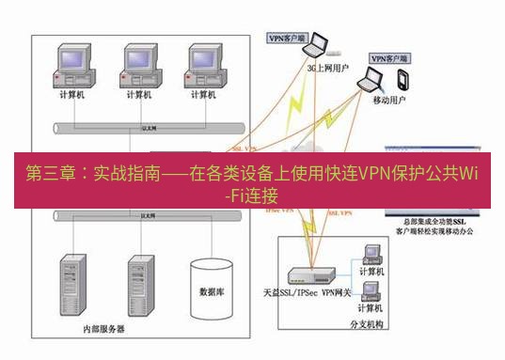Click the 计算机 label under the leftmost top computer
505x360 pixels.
click(x=72, y=94)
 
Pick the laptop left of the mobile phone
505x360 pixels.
click(x=366, y=86)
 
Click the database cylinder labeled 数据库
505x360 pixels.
click(x=212, y=287)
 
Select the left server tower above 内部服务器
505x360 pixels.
click(x=72, y=282)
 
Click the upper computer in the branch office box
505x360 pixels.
click(x=371, y=256)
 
